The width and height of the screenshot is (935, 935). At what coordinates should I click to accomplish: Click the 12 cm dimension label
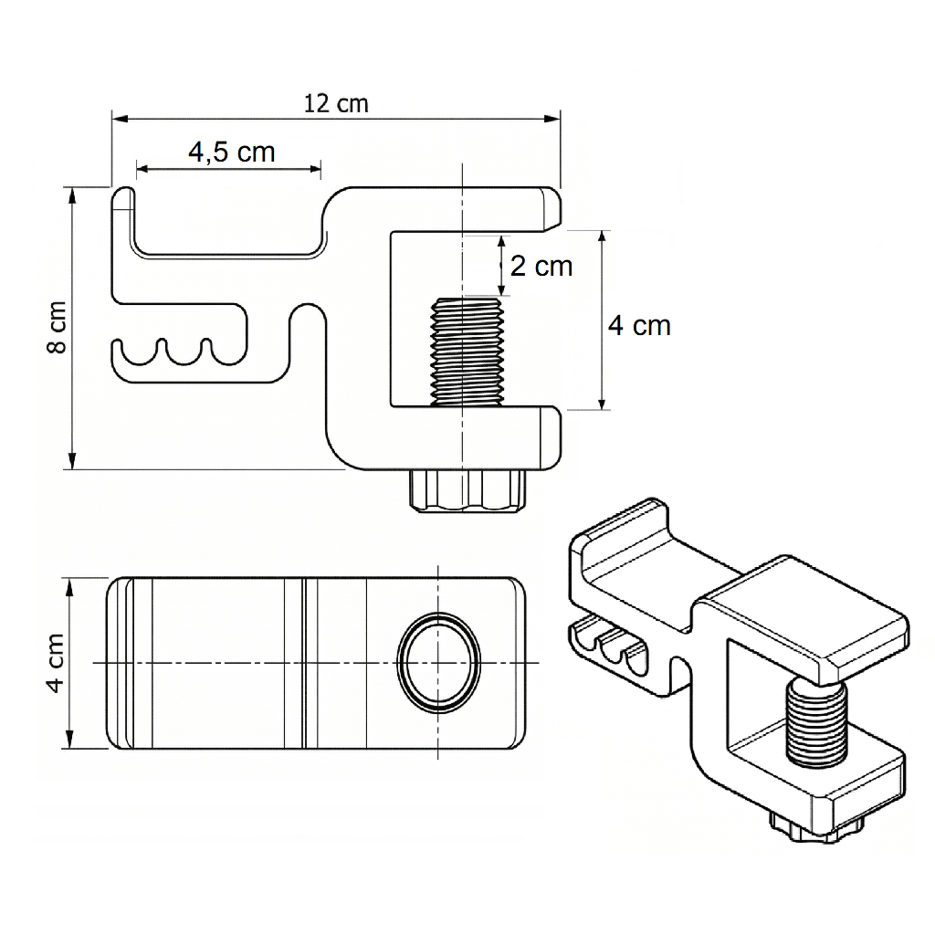(x=336, y=103)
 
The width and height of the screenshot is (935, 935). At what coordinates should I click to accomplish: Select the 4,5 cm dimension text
(x=232, y=152)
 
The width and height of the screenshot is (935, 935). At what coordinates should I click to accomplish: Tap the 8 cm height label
(x=58, y=327)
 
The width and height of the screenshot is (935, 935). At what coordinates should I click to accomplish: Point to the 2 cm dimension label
(x=541, y=266)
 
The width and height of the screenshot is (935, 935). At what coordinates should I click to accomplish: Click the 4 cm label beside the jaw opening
(x=639, y=325)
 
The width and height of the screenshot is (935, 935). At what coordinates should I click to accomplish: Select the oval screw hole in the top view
(x=438, y=660)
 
